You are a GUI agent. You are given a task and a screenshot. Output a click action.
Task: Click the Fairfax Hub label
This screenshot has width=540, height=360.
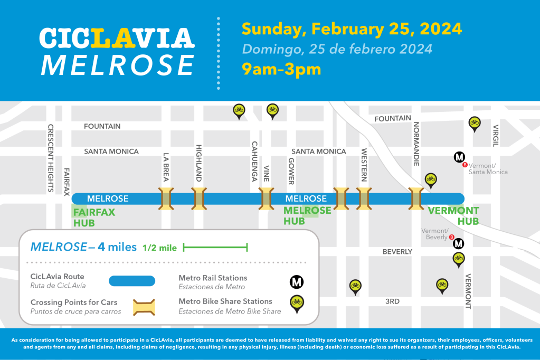(x=94, y=217)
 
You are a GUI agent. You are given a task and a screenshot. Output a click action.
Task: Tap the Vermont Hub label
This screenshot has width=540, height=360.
(x=453, y=216)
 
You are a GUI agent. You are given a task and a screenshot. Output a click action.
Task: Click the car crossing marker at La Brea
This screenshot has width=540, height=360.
(x=167, y=199)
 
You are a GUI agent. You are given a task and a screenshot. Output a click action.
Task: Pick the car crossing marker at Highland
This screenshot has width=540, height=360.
(x=198, y=199)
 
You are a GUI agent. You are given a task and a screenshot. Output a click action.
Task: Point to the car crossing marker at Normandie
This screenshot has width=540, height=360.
(x=416, y=199)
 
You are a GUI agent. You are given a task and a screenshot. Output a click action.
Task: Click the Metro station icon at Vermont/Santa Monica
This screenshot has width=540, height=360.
(x=459, y=157)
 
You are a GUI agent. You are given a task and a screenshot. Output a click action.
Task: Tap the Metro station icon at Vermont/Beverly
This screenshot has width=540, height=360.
(x=459, y=243)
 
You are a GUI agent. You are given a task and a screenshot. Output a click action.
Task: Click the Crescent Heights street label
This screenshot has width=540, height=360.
(x=51, y=158)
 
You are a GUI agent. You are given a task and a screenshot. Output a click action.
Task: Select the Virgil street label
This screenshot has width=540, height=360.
(x=495, y=136)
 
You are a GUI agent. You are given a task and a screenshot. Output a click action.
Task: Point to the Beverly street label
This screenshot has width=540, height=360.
(x=397, y=252)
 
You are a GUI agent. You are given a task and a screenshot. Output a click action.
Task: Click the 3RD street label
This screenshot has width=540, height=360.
(x=392, y=301)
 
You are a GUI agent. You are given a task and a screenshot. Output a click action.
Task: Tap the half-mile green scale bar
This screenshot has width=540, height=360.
(x=215, y=247)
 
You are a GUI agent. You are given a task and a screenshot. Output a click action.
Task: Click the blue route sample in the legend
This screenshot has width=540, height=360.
(x=132, y=281)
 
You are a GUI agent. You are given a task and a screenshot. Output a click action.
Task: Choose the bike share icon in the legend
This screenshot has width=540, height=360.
(x=297, y=302)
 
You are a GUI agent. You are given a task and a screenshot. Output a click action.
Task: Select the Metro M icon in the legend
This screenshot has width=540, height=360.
(x=297, y=282)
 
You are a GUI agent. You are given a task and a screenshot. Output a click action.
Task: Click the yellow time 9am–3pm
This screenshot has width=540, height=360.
(x=281, y=69)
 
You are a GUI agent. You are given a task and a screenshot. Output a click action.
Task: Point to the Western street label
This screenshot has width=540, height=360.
(x=364, y=165)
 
